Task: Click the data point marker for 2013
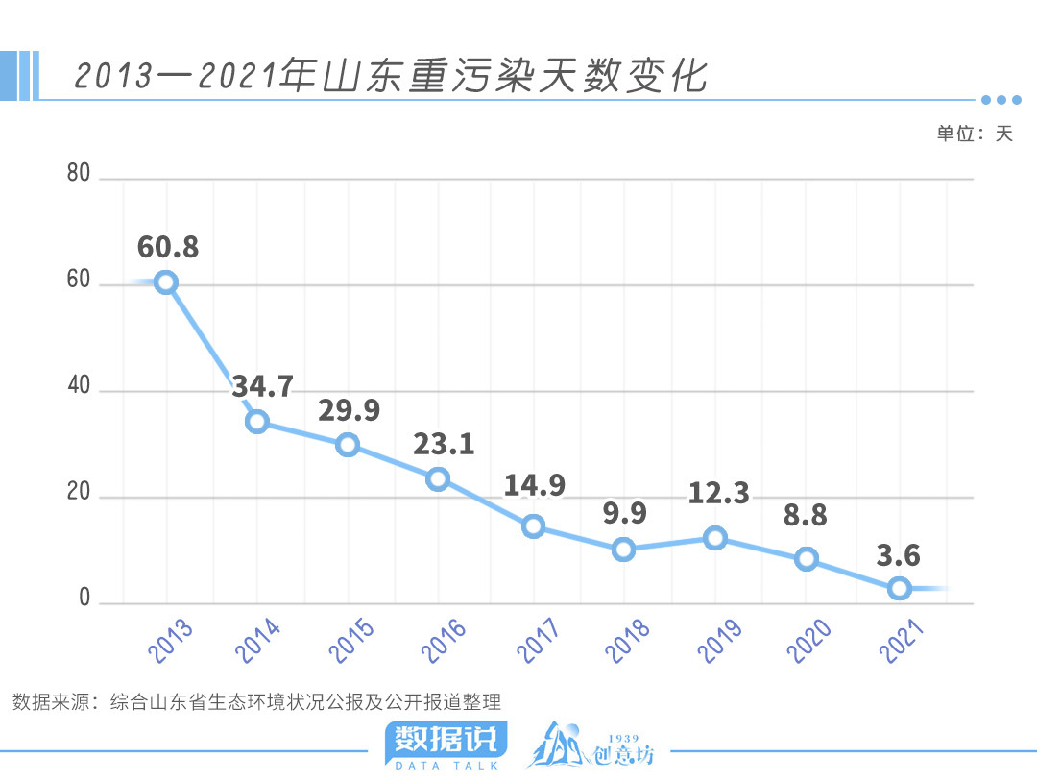pyautogui.click(x=166, y=281)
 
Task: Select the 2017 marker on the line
pyautogui.click(x=533, y=525)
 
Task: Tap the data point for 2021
pyautogui.click(x=899, y=588)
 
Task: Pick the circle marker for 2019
pyautogui.click(x=714, y=538)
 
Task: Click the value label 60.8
pyautogui.click(x=168, y=247)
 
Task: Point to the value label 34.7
pyautogui.click(x=262, y=387)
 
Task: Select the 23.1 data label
pyautogui.click(x=444, y=444)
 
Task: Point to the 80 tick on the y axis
pyautogui.click(x=79, y=174)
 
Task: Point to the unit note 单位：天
pyautogui.click(x=975, y=134)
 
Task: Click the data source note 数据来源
pyautogui.click(x=256, y=702)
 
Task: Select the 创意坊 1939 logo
pyautogui.click(x=591, y=745)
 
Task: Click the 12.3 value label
pyautogui.click(x=718, y=493)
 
